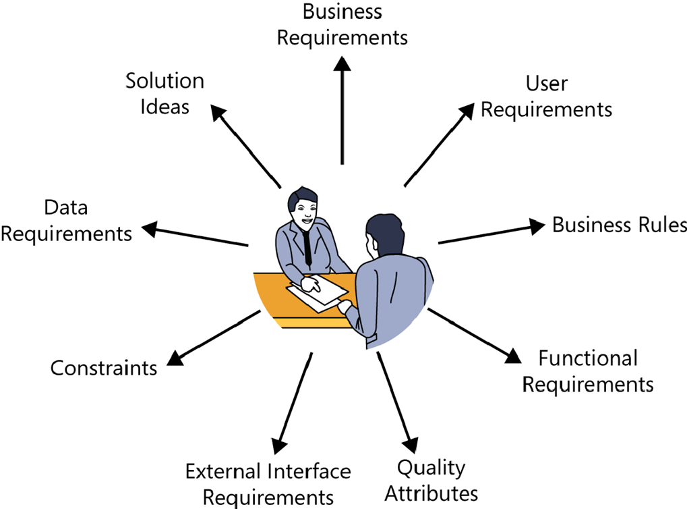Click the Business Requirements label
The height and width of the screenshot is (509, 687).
click(342, 24)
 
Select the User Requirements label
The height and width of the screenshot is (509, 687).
click(546, 96)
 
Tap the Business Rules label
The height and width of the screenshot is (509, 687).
click(620, 225)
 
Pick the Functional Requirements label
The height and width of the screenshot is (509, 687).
click(588, 371)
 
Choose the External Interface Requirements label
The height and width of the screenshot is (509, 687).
click(268, 483)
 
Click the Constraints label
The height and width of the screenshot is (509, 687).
click(104, 368)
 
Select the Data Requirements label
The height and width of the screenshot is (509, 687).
click(66, 220)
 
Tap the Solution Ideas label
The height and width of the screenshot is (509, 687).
click(165, 93)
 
